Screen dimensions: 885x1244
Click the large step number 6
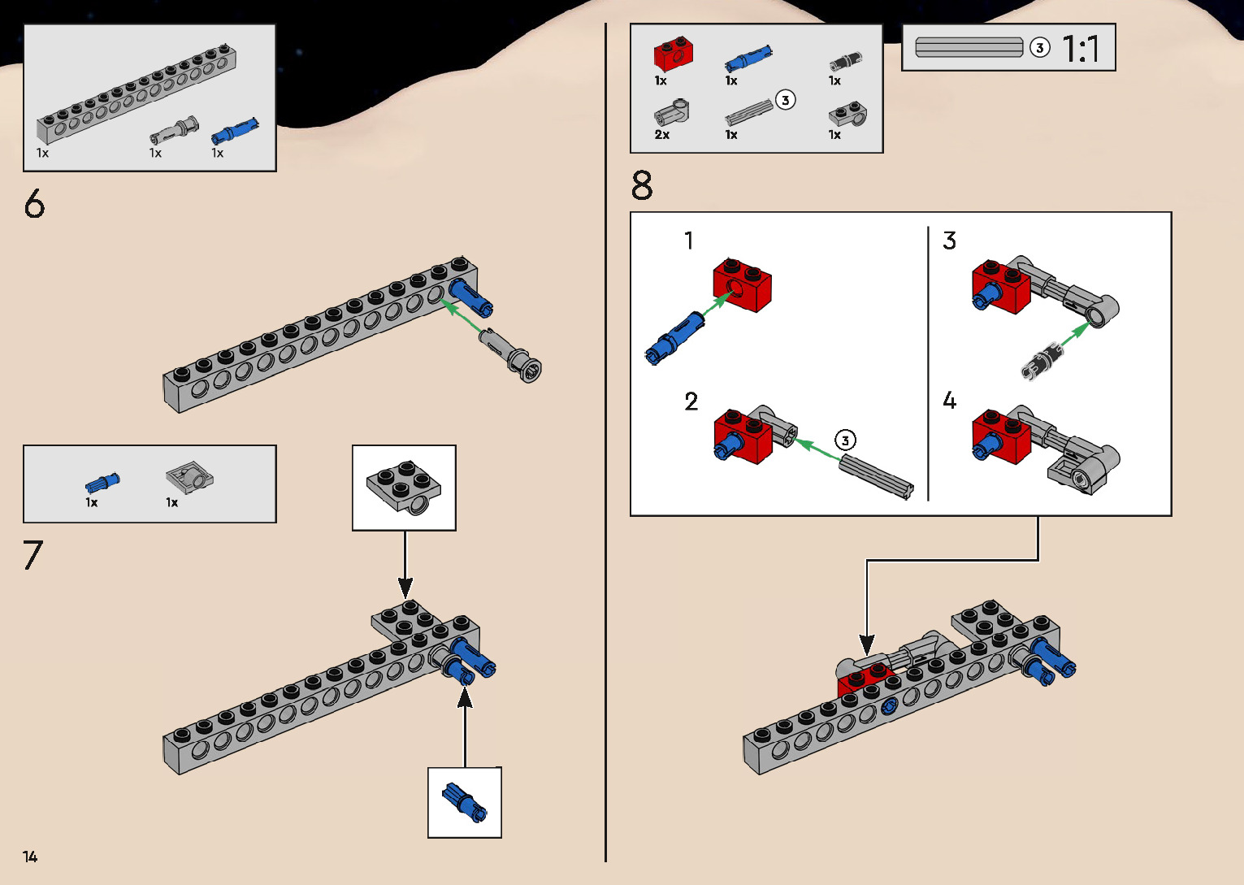click(34, 204)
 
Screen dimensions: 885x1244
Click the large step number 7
click(33, 556)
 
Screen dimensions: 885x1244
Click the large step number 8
click(642, 186)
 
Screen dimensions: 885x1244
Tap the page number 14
click(30, 857)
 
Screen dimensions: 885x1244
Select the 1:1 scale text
click(1081, 50)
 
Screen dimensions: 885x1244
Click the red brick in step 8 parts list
click(673, 55)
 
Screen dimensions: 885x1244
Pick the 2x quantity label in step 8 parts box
click(662, 135)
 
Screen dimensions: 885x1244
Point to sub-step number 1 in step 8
click(689, 241)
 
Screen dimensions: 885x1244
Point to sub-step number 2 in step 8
click(691, 401)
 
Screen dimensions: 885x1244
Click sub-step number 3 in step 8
click(949, 241)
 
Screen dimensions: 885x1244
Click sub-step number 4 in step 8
click(949, 401)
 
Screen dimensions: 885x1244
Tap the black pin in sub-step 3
click(1042, 361)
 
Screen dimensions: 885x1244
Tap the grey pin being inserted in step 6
click(510, 354)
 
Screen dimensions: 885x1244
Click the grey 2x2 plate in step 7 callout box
click(404, 486)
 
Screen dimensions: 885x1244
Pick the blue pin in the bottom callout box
click(465, 803)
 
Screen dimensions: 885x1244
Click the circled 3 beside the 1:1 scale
click(1039, 48)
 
